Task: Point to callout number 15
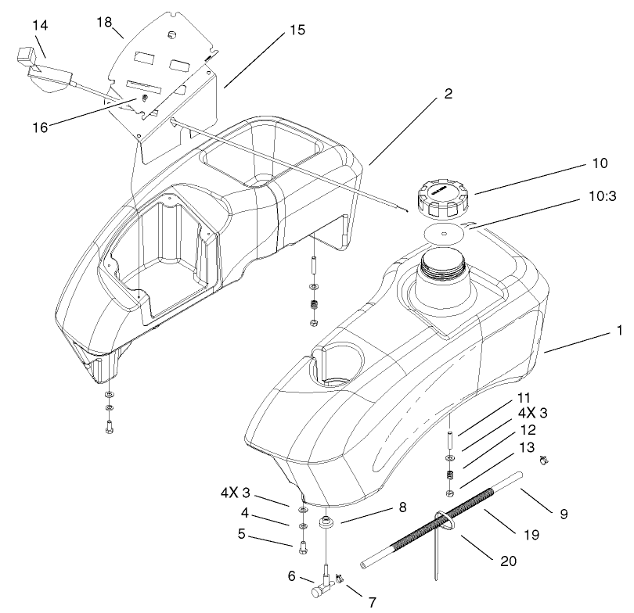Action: pyautogui.click(x=297, y=31)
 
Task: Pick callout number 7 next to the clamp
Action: pyautogui.click(x=372, y=602)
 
